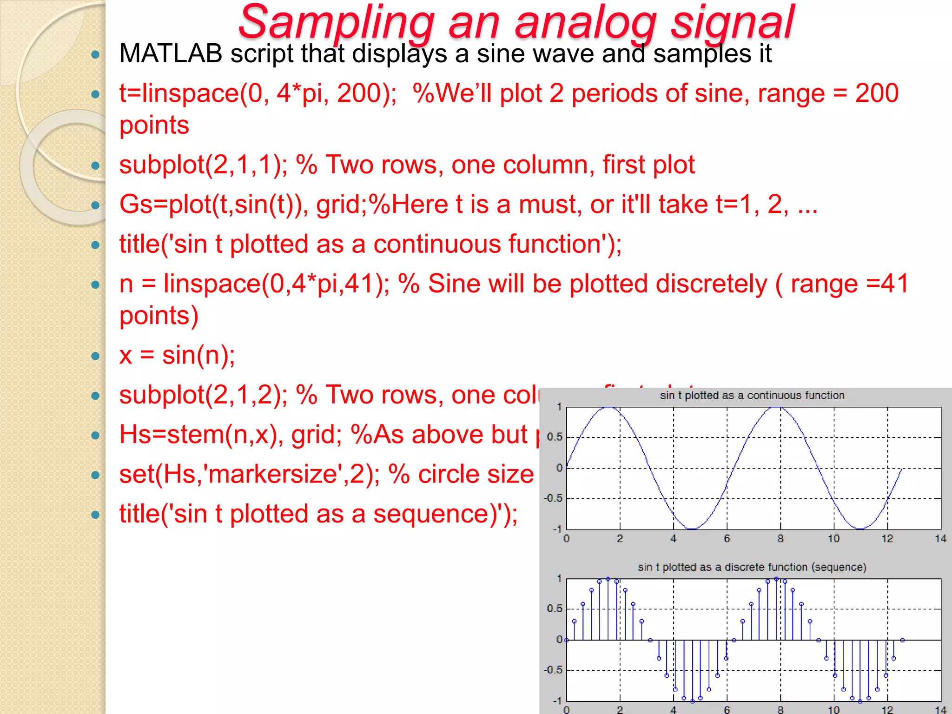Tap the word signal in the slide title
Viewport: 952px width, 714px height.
tap(733, 22)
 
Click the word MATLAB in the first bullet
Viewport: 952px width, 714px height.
tap(171, 53)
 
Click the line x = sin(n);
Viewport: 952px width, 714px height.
tap(177, 356)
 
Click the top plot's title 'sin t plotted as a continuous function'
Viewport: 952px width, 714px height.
tap(752, 396)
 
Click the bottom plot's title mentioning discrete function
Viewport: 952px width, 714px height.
tap(752, 567)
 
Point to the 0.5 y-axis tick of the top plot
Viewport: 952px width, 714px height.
tap(555, 437)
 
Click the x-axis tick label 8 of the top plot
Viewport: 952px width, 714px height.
tap(780, 539)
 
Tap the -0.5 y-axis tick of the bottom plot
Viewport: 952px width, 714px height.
tap(553, 670)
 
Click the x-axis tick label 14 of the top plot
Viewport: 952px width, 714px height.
tap(940, 539)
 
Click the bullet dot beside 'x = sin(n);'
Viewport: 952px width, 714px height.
tap(96, 356)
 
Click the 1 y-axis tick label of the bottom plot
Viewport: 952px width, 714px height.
tap(559, 578)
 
